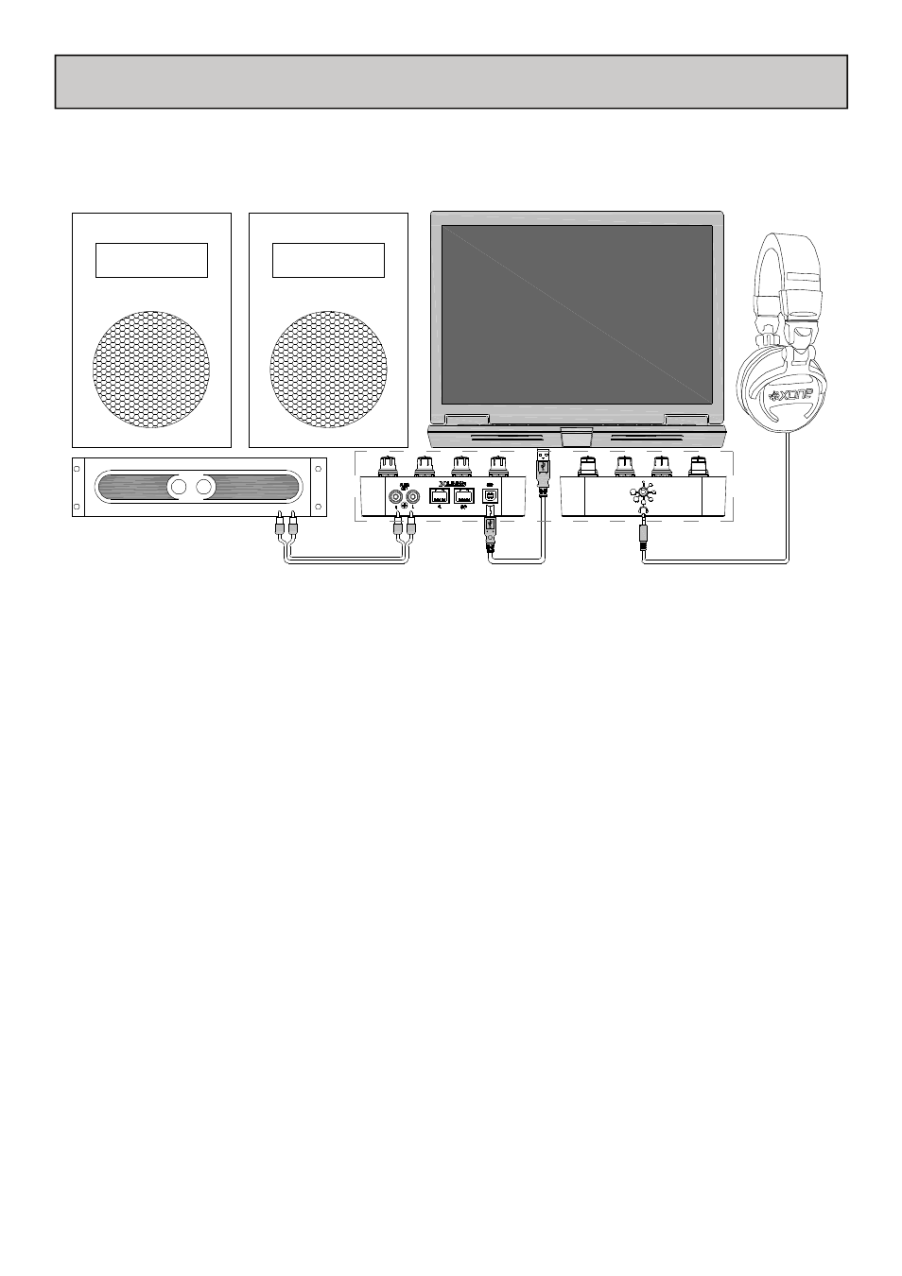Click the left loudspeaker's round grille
151,366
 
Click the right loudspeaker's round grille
328,366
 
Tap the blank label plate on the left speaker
151,260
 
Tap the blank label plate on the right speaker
328,260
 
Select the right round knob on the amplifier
201,488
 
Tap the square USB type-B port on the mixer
490,495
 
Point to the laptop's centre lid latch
576,436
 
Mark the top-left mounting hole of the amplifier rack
78,466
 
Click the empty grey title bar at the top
451,81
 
